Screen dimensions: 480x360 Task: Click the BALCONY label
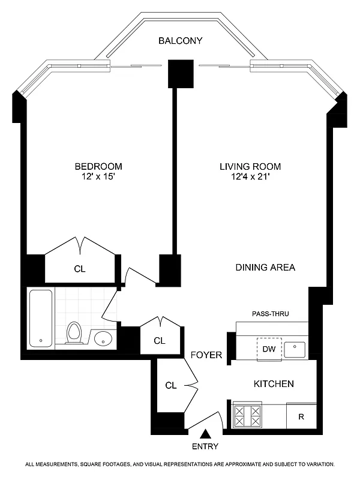[180, 41]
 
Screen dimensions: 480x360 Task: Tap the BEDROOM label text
[98, 166]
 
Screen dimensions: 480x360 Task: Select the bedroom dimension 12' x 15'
[98, 177]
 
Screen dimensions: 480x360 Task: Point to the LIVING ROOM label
[250, 166]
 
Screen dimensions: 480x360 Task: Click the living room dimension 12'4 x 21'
[250, 177]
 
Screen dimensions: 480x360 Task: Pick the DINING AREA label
[265, 268]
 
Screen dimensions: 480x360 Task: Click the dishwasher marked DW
[268, 349]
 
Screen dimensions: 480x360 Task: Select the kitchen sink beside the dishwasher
[295, 349]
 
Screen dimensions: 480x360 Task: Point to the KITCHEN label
[274, 383]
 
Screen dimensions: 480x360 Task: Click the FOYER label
[206, 355]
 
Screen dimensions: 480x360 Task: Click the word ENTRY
[206, 446]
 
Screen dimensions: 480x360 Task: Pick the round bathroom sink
[103, 338]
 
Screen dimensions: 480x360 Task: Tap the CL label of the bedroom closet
[80, 269]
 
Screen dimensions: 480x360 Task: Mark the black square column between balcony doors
[181, 74]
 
